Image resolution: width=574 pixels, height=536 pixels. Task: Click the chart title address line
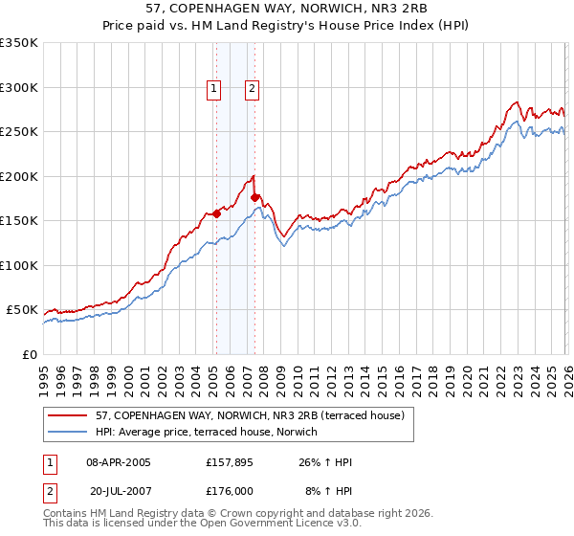click(x=287, y=9)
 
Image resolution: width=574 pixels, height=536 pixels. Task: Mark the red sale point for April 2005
click(x=216, y=214)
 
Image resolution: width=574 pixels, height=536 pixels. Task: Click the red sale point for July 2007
click(x=254, y=198)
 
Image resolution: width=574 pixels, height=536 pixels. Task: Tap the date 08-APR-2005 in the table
click(x=118, y=462)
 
